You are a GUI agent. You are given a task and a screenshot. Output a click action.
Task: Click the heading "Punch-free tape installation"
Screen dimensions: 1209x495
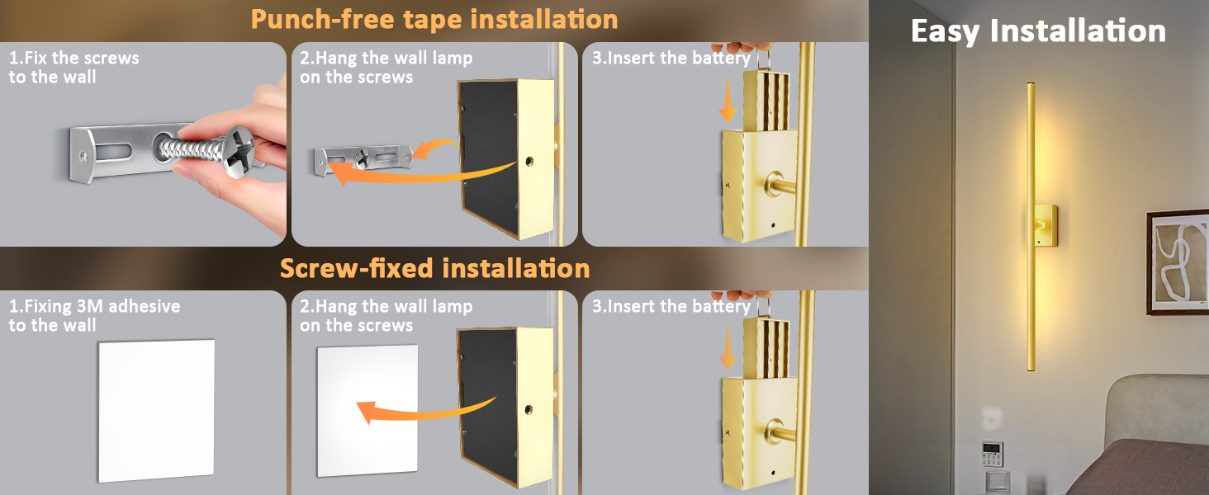[434, 19]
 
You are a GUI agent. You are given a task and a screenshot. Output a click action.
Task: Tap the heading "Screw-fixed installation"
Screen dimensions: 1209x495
[434, 268]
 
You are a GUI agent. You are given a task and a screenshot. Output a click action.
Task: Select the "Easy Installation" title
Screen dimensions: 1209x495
[1038, 31]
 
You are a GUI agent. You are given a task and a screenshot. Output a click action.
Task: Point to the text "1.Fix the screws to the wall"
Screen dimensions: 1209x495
[73, 68]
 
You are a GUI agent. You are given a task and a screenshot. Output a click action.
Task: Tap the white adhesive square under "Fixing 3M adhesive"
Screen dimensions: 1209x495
[156, 409]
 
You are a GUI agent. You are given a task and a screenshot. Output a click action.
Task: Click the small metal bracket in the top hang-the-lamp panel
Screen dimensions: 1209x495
[363, 158]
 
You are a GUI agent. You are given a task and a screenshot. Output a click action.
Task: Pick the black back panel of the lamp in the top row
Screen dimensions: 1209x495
[487, 157]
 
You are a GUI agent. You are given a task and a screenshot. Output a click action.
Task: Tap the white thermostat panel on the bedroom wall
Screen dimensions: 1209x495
[992, 454]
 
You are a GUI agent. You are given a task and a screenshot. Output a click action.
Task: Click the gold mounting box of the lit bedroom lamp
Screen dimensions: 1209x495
[1045, 224]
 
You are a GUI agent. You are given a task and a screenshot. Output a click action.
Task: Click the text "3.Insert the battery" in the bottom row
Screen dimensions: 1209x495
[671, 307]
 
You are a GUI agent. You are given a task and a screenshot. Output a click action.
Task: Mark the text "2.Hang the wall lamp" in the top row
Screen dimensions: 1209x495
[386, 59]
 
